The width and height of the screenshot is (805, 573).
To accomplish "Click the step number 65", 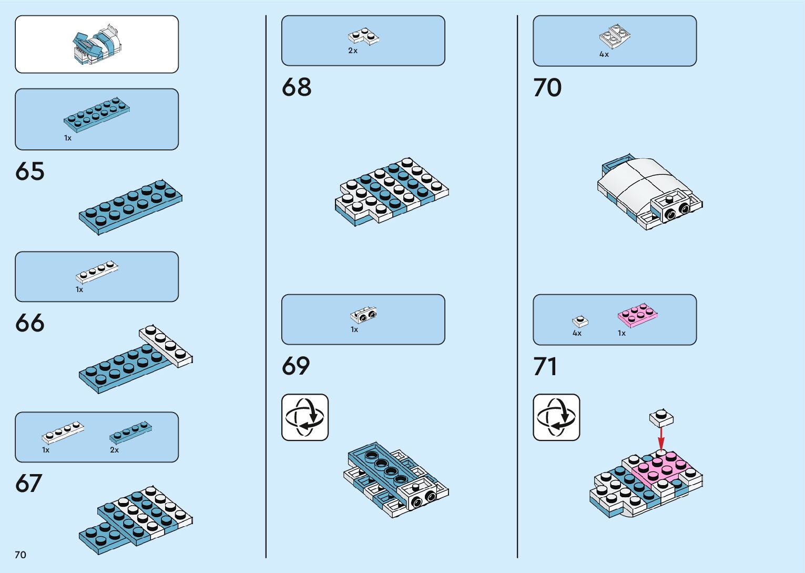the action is [30, 172].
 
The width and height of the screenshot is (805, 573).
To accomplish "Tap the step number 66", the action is [30, 323].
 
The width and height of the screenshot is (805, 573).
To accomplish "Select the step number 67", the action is [29, 484].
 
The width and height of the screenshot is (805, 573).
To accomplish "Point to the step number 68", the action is [297, 87].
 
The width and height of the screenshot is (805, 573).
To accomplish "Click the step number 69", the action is [296, 366].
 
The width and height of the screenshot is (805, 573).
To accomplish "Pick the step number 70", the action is [547, 88].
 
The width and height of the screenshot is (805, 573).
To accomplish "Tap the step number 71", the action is [545, 367].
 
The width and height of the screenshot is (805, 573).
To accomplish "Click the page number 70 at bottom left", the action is [21, 555].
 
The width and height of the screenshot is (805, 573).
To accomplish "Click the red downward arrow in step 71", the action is [661, 438].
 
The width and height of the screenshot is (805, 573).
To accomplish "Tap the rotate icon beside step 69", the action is [305, 417].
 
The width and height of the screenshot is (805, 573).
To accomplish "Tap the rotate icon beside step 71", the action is [556, 417].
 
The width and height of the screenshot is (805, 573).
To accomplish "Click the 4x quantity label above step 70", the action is [604, 55].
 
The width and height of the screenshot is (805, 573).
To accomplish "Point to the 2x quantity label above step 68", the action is [353, 51].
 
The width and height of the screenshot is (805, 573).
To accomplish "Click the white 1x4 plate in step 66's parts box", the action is [97, 272].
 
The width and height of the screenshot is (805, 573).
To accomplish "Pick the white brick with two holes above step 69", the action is [363, 315].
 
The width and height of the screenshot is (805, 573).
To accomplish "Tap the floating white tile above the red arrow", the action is [661, 417].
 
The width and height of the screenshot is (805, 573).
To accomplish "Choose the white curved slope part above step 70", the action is [615, 36].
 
